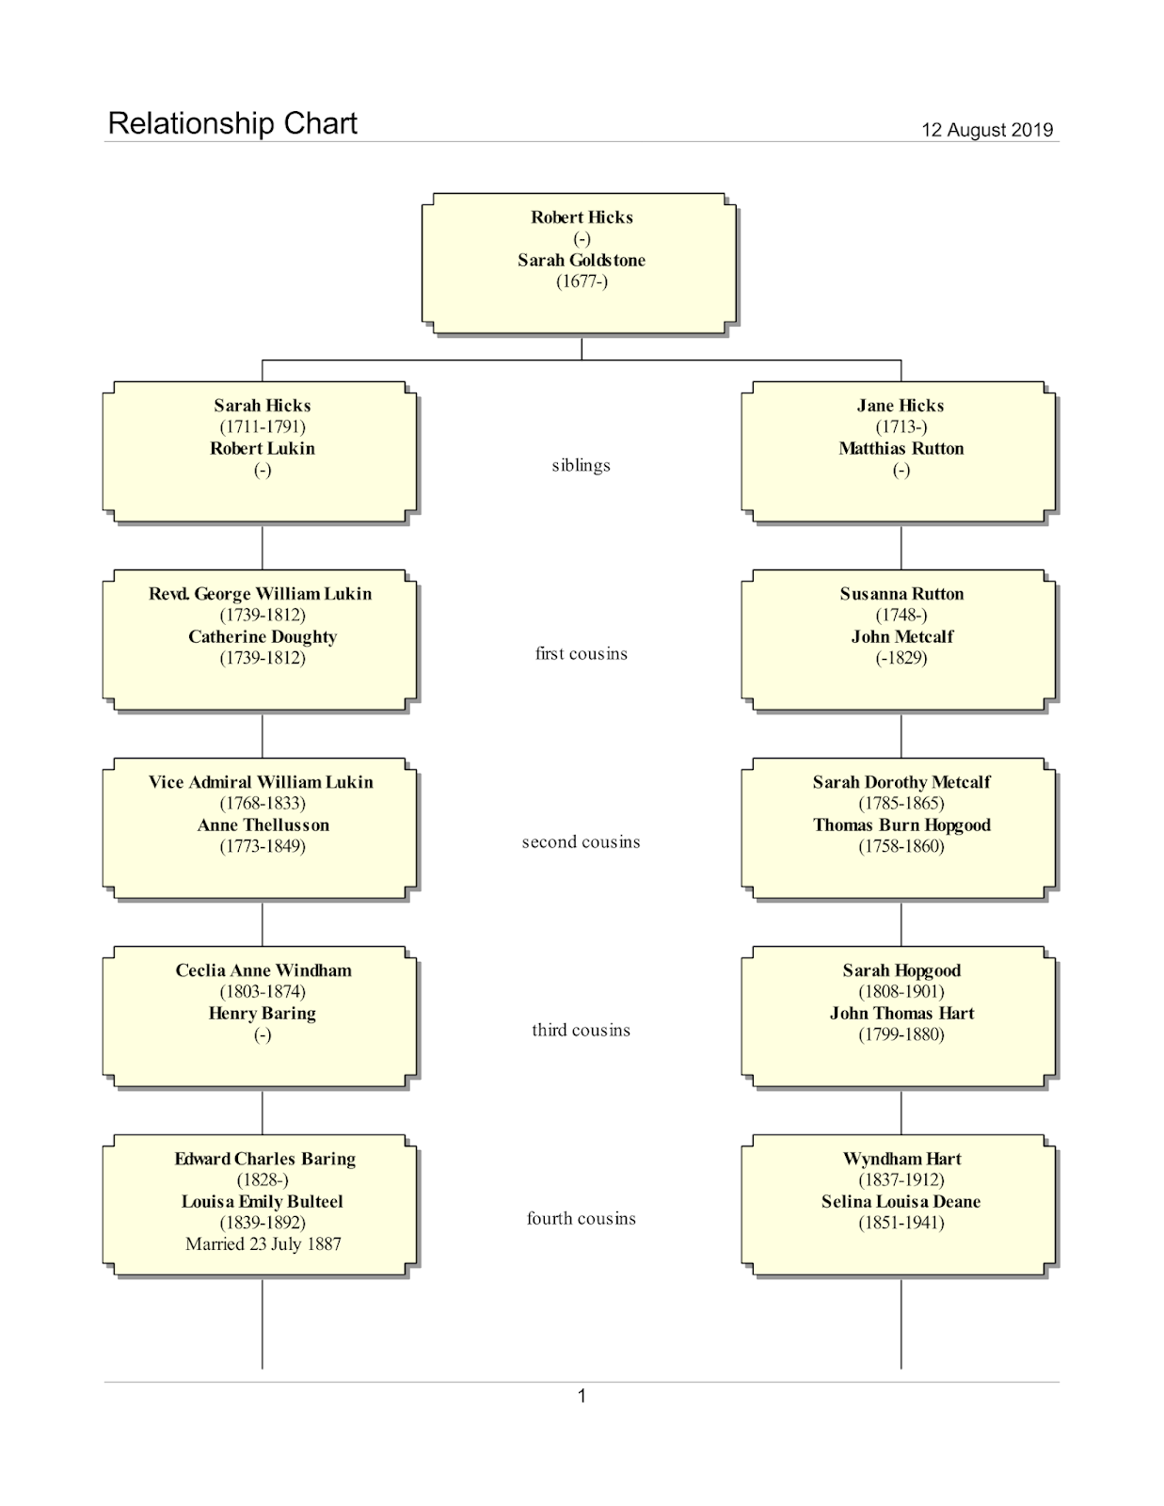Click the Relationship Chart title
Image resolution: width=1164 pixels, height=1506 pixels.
point(232,123)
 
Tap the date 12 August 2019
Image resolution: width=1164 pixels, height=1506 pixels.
point(986,130)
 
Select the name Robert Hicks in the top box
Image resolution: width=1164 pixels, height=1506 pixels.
point(582,217)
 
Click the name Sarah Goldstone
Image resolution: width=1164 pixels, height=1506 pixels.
point(582,260)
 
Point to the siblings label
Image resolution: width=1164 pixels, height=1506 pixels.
point(581,465)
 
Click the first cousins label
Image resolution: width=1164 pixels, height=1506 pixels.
point(581,653)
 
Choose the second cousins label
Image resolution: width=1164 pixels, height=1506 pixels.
point(581,841)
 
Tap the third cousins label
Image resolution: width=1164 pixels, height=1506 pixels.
point(581,1030)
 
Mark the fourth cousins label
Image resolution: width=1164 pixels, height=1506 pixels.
point(581,1218)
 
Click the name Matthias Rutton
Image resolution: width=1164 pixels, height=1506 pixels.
point(901,448)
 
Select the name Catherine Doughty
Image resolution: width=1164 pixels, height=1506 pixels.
point(263,636)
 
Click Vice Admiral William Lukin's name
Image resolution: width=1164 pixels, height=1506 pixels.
point(261,782)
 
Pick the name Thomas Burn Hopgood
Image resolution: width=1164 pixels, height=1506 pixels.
point(901,825)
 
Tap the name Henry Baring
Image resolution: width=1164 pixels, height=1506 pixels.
point(263,1013)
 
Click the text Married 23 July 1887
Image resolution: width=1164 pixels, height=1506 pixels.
point(263,1243)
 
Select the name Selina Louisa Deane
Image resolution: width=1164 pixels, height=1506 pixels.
point(901,1201)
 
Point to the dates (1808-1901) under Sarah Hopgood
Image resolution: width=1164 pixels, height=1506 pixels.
point(901,991)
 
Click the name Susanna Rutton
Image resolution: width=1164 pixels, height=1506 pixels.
point(901,594)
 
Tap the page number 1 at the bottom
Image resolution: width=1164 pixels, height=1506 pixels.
point(582,1396)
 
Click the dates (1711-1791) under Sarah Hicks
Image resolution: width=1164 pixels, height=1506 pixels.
point(263,426)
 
